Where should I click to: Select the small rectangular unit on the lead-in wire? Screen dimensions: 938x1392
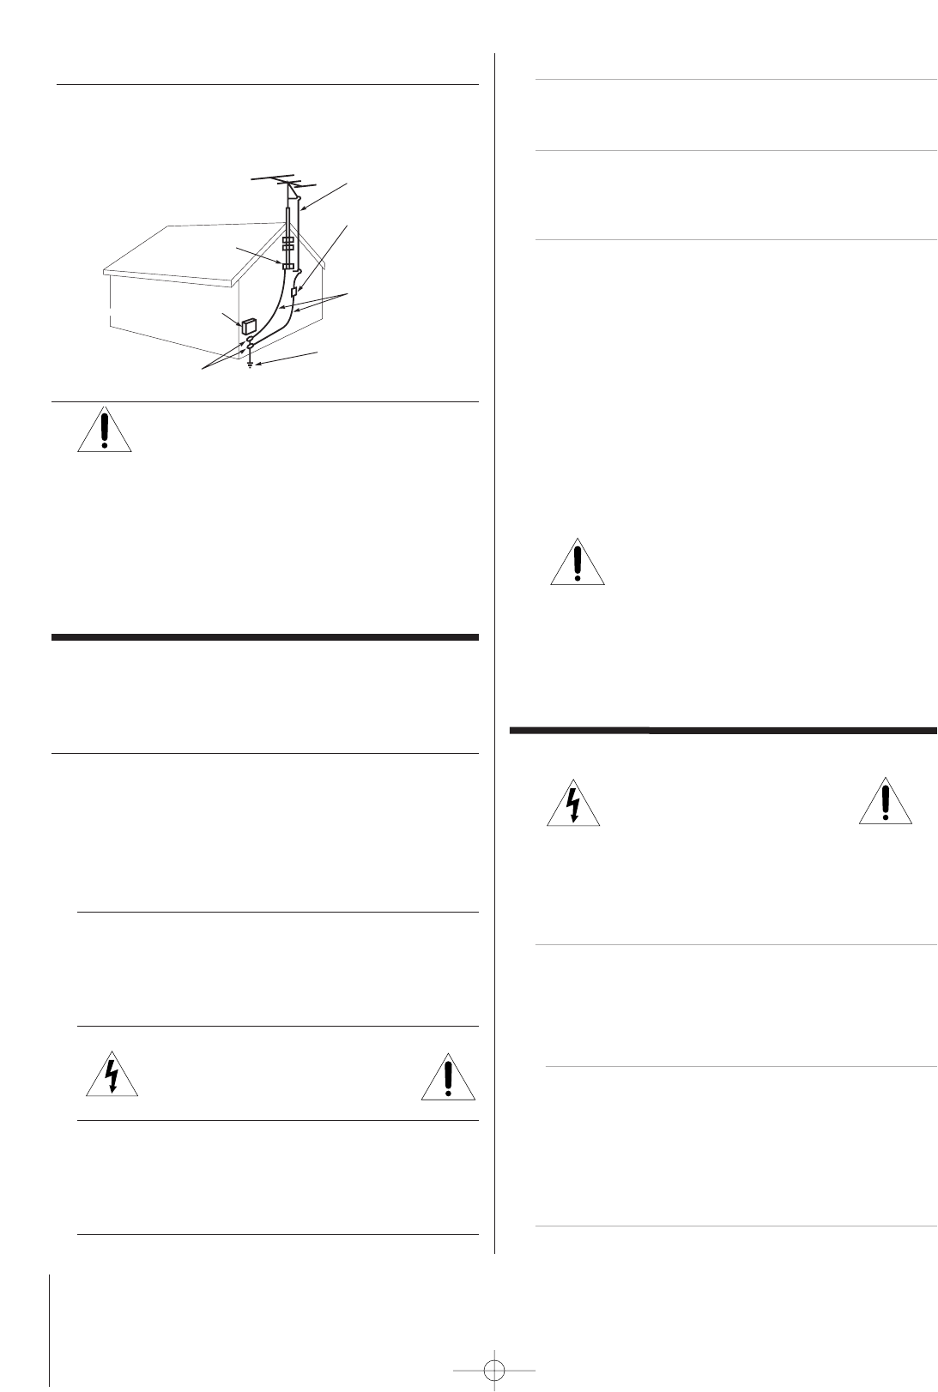click(294, 292)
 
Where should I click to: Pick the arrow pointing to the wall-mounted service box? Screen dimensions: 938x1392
click(232, 319)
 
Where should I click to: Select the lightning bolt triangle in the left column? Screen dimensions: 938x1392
click(112, 1075)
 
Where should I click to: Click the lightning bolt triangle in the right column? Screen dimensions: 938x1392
click(573, 804)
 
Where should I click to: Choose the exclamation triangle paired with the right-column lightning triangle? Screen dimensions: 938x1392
click(885, 804)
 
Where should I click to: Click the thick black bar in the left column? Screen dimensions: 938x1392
click(264, 637)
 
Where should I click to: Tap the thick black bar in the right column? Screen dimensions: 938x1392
click(723, 731)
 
